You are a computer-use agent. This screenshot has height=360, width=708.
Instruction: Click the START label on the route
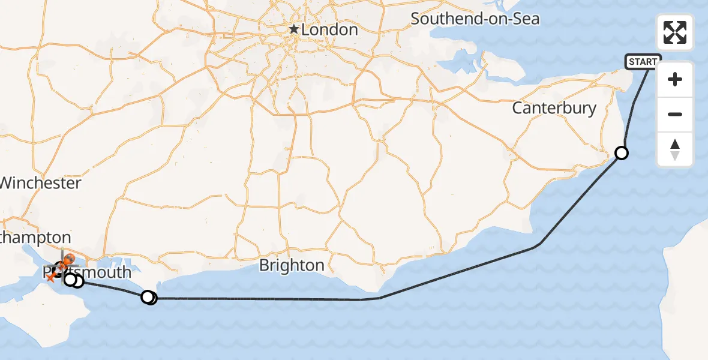(x=643, y=61)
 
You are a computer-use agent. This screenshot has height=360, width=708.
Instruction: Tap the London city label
(x=329, y=29)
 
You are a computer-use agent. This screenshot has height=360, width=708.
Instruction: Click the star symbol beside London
(x=294, y=29)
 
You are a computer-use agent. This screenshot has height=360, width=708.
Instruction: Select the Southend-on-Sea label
(x=475, y=19)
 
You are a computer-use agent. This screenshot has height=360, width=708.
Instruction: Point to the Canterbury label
(x=554, y=108)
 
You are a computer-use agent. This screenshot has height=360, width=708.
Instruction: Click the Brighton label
(x=292, y=265)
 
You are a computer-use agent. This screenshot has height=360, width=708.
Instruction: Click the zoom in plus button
(x=675, y=79)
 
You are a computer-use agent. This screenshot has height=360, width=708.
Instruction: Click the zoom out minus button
(x=675, y=114)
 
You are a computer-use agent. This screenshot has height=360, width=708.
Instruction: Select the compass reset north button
(x=675, y=149)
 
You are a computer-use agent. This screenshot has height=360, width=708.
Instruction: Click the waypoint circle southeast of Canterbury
(x=622, y=153)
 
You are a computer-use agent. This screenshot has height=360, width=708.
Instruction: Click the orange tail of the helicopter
(x=52, y=277)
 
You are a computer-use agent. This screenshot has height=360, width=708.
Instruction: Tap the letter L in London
(x=306, y=29)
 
